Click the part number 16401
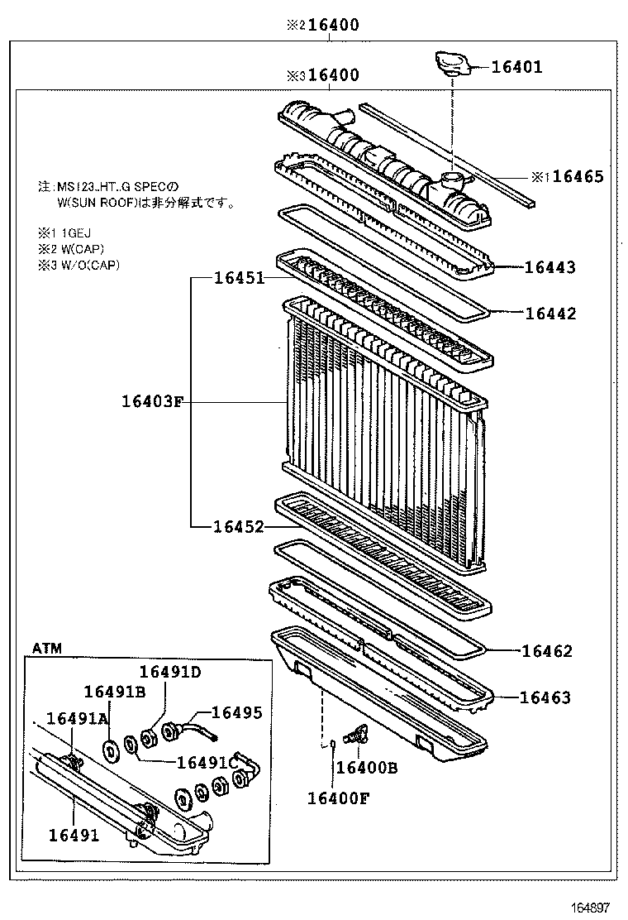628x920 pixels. point(517,67)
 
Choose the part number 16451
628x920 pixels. point(239,278)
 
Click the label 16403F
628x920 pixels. point(151,402)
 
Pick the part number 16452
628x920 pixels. point(239,526)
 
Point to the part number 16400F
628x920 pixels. point(338,798)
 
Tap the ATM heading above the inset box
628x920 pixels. point(46,648)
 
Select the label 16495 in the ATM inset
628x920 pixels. point(237,712)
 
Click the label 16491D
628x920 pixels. point(169,672)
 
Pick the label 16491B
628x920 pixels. point(115,692)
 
